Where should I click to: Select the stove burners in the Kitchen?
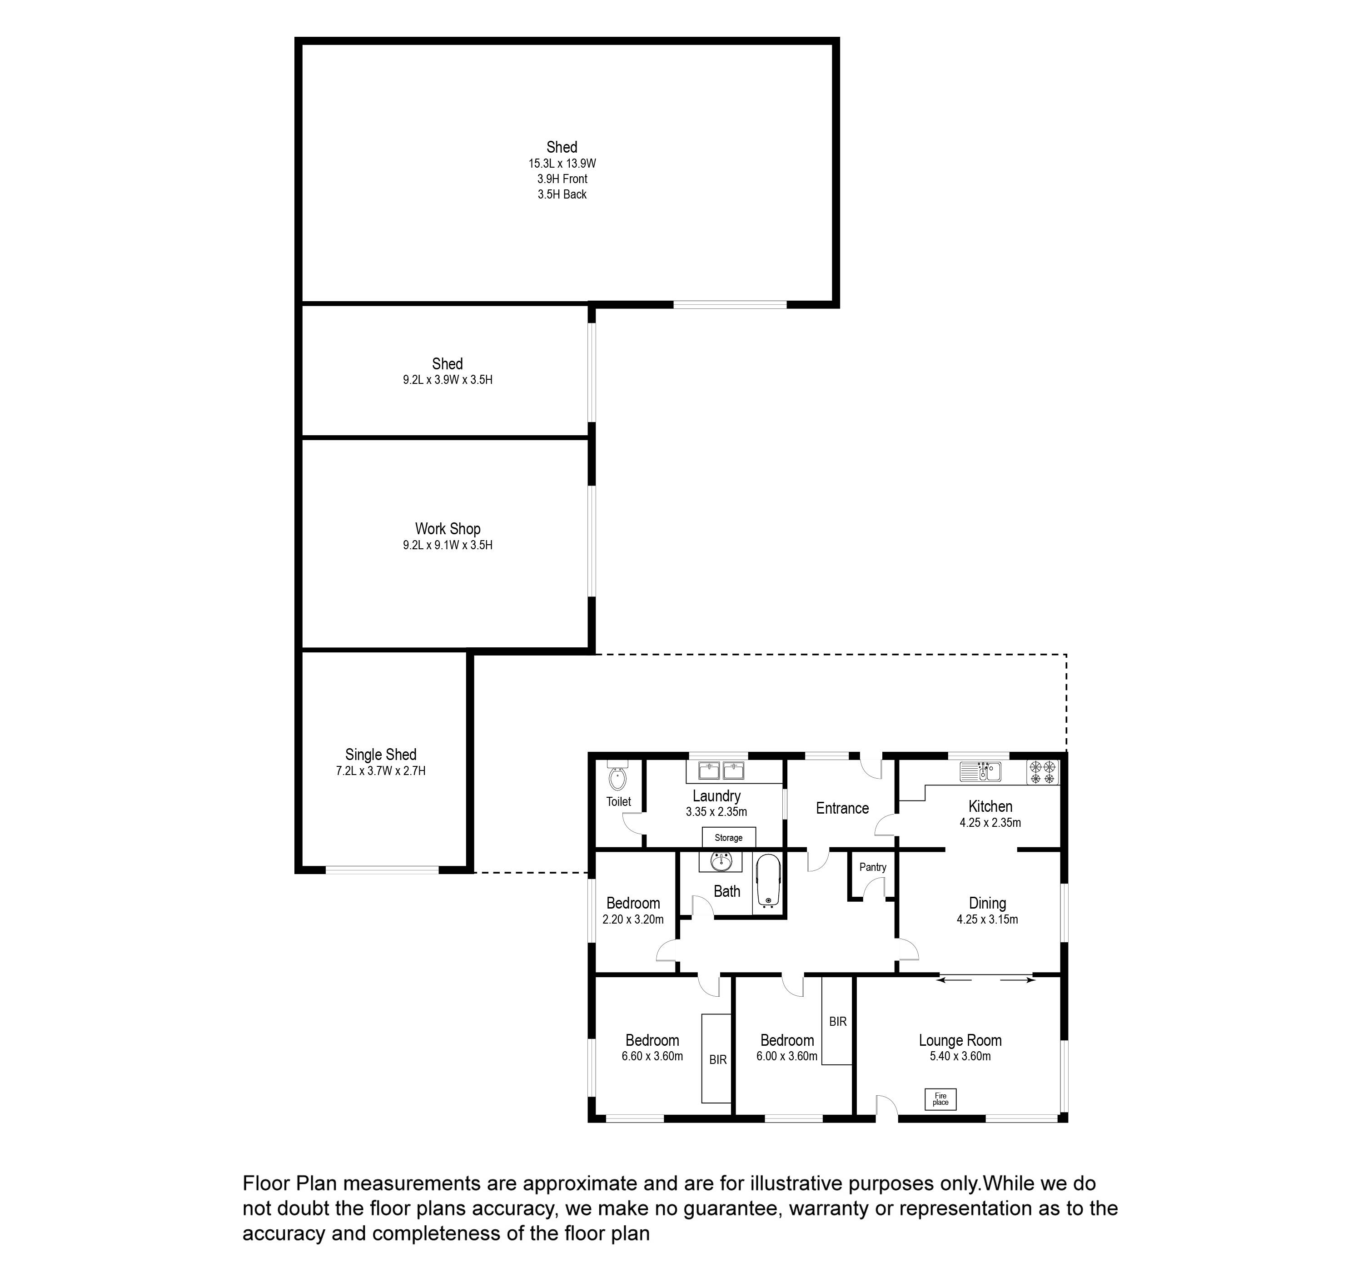coord(1042,772)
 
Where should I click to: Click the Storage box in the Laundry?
coord(728,837)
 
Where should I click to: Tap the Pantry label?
coord(873,867)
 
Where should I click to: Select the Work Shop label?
coord(448,529)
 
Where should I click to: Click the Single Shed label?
coord(381,754)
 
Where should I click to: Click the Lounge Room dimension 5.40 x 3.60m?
coord(960,1057)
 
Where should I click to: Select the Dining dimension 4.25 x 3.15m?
coord(987,919)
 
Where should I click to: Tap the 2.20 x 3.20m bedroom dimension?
coord(633,919)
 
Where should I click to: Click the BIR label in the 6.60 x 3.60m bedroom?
coord(718,1059)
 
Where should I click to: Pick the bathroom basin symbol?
coord(721,861)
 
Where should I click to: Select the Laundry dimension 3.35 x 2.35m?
coord(716,812)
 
